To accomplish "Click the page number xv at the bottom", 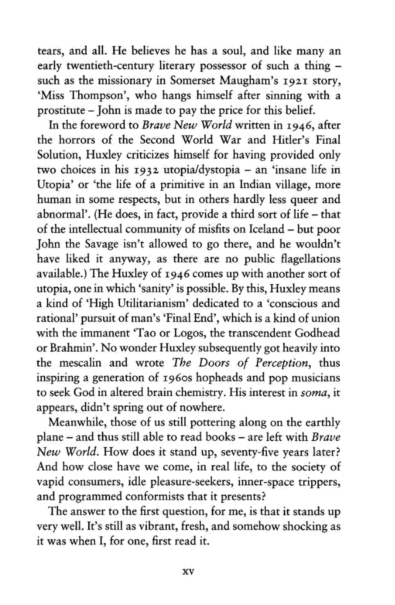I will [x=188, y=571].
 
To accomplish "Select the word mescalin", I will [x=80, y=363].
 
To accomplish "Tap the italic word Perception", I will [x=282, y=363].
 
